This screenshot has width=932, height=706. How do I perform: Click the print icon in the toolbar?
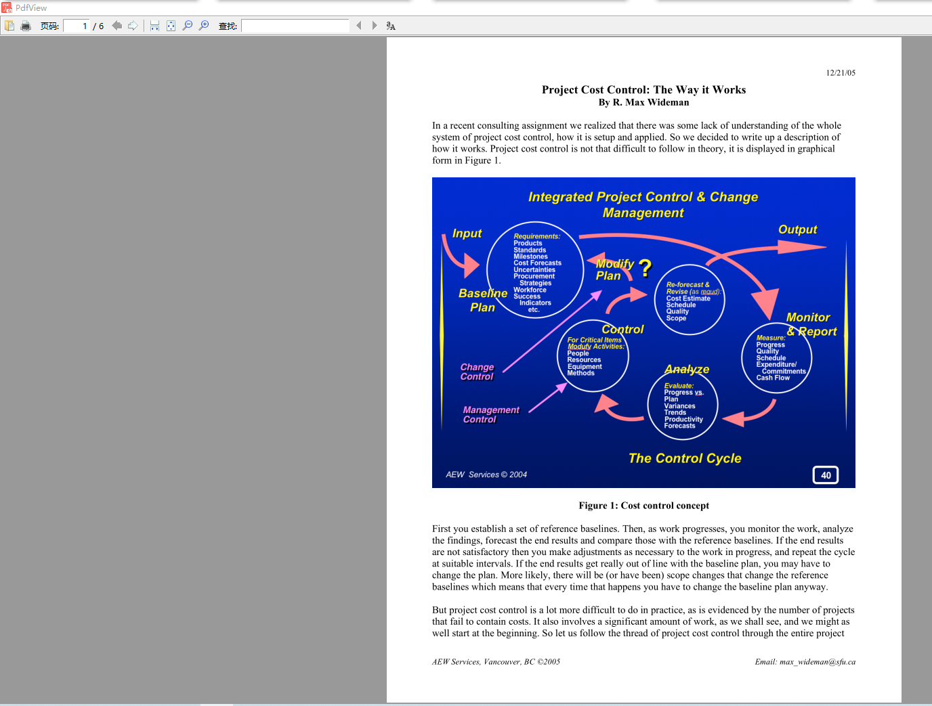pos(26,26)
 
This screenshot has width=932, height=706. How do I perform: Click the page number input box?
pos(76,26)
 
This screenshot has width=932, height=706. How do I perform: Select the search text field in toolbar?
pos(295,26)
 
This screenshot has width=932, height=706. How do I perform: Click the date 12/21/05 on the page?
pos(841,73)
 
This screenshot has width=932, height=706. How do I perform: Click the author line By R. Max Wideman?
pos(643,103)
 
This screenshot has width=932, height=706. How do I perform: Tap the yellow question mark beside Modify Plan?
pos(645,269)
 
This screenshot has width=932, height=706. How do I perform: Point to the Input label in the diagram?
pos(467,234)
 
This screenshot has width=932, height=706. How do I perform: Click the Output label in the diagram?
pos(797,230)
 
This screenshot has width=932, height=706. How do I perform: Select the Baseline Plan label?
pos(482,301)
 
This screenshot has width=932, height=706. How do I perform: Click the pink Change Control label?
pos(477,372)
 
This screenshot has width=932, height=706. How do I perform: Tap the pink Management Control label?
pos(490,415)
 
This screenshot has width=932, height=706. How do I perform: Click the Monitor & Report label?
pos(811,324)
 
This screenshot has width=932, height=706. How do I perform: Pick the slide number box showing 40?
pos(826,475)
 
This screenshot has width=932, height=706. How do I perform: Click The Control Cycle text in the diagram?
pos(685,458)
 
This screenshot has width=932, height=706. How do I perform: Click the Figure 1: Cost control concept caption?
pos(643,506)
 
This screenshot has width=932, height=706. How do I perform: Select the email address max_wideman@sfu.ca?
pos(805,662)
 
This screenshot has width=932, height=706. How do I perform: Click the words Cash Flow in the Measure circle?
pos(773,378)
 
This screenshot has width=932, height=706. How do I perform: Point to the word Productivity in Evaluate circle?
pos(683,419)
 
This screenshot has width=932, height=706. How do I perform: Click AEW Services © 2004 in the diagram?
pos(486,475)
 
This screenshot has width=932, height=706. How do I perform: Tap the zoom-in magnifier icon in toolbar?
pos(204,26)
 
